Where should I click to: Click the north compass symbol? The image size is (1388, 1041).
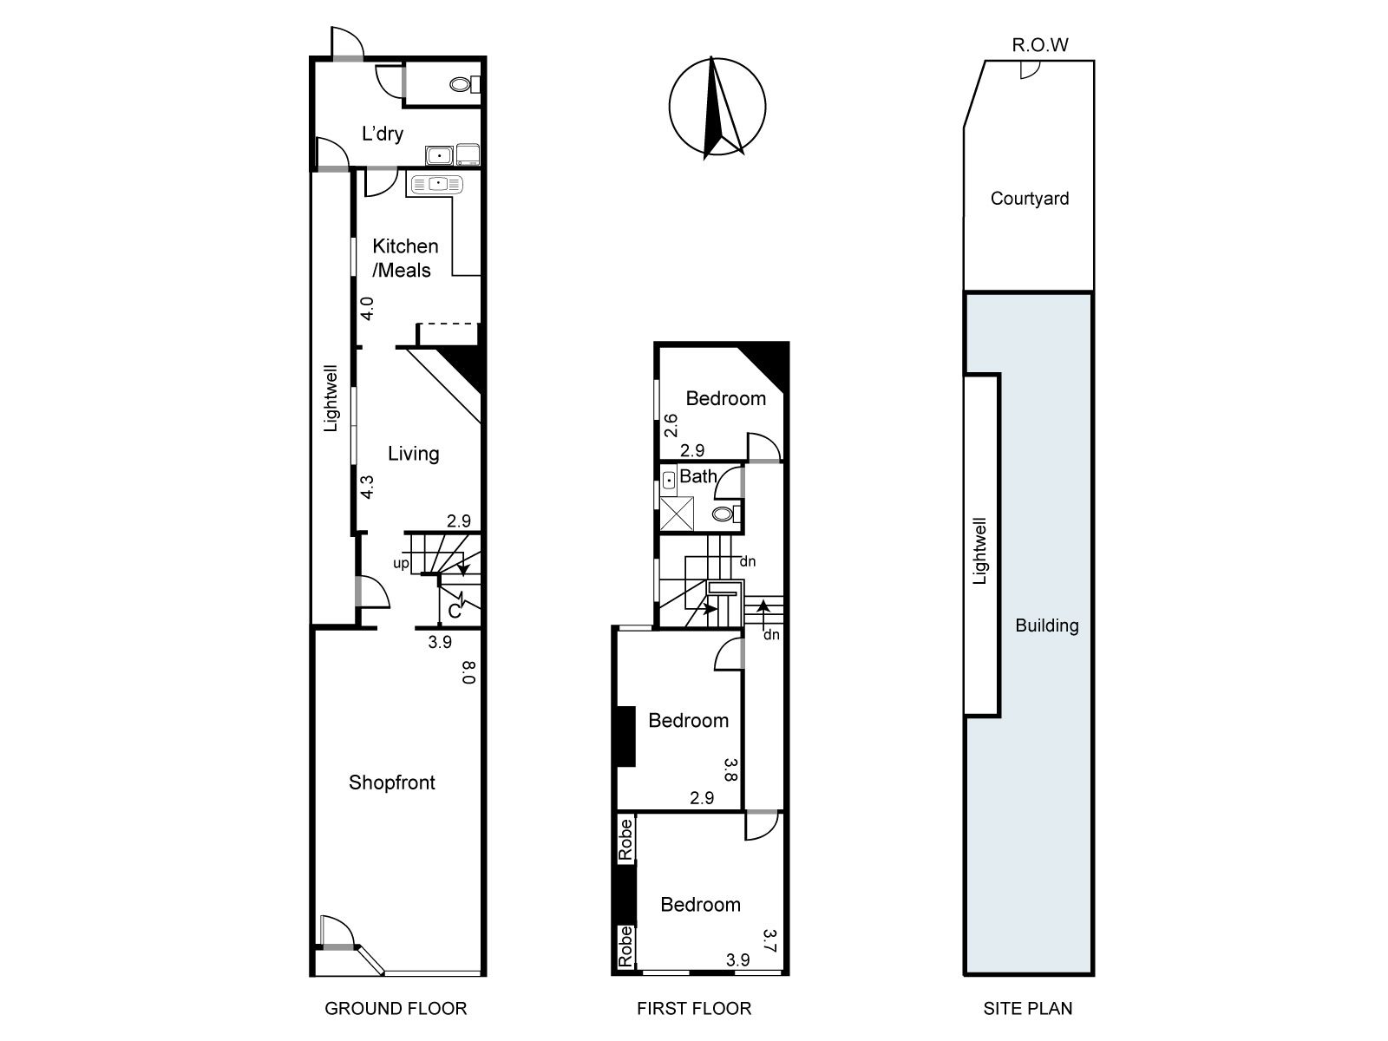717,108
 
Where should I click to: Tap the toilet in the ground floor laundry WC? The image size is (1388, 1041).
465,84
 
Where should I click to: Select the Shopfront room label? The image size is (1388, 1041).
392,782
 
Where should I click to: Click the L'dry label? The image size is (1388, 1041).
382,134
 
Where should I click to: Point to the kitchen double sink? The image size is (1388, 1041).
437,185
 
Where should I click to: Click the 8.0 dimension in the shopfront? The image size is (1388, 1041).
468,671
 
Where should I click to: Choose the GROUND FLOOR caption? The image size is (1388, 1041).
396,1008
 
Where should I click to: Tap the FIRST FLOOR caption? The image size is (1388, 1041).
694,1008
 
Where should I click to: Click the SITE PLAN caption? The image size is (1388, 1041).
1028,1008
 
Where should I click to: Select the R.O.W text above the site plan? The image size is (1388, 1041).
1040,45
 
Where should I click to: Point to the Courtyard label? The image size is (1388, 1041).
1030,199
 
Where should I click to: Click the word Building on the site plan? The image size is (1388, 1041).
1046,625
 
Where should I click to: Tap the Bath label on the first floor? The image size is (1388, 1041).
698,476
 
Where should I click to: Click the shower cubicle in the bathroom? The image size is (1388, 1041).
677,514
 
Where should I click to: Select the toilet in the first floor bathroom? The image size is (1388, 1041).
727,514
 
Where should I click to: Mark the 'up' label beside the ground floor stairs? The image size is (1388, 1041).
401,563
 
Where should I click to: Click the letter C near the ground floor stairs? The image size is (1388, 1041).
454,612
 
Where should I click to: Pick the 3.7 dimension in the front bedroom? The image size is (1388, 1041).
769,940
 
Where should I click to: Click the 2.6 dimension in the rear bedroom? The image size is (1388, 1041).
671,425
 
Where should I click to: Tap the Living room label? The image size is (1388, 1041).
414,454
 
